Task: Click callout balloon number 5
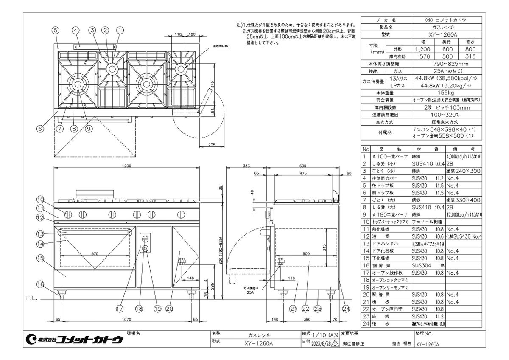tap(56, 30)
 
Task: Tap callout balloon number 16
tap(40, 284)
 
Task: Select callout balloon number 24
tap(347, 309)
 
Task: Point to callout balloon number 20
tap(170, 309)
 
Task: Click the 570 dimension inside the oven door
tap(95, 253)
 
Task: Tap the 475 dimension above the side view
tap(303, 173)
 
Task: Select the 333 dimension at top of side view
tap(246, 166)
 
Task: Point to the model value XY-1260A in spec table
tap(447, 34)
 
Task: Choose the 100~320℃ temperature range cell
tap(447, 115)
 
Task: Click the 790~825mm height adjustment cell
tap(447, 64)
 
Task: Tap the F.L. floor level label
tap(31, 298)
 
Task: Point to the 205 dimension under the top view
tap(213, 145)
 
